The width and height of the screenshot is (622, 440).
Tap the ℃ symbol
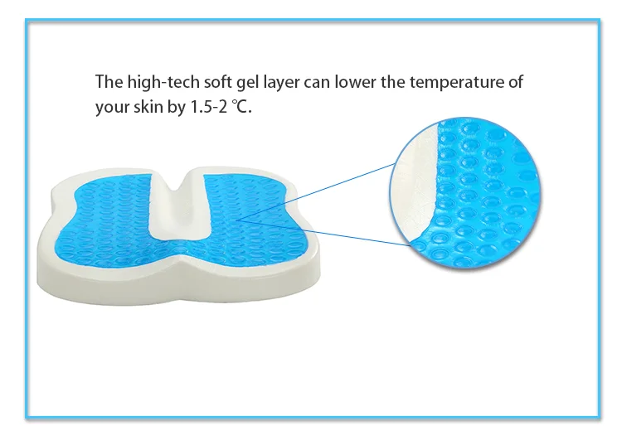241,108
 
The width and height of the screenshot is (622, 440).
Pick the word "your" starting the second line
111,108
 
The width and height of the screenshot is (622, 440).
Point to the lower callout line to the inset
323,232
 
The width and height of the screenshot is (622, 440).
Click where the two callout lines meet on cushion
238,218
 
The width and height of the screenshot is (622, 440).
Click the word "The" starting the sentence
108,83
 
